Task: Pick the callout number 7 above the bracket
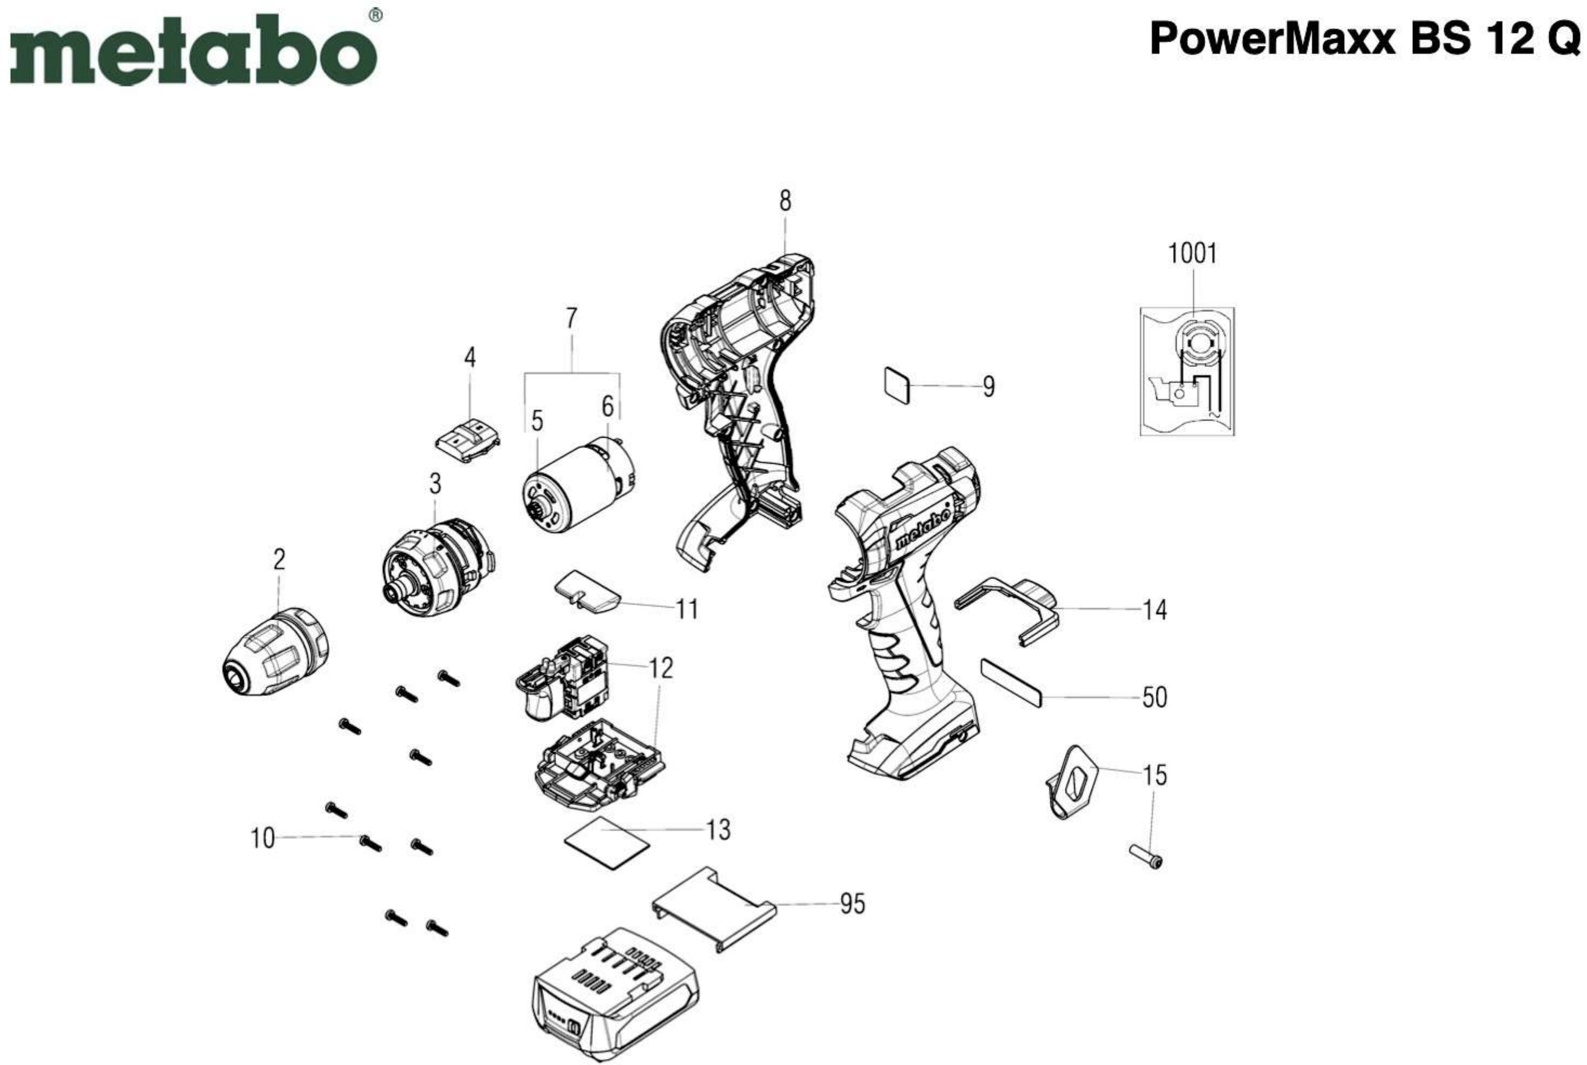pos(572,319)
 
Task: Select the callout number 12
pos(660,668)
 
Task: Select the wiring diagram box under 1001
pos(1187,371)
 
